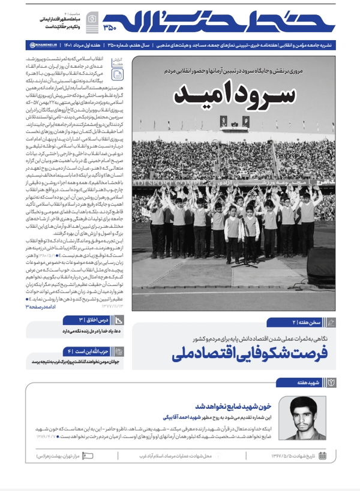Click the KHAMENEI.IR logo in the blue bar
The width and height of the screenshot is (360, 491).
[x=44, y=45]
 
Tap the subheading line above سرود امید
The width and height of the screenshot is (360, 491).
[x=235, y=71]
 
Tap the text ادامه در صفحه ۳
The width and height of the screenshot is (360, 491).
[x=42, y=306]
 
